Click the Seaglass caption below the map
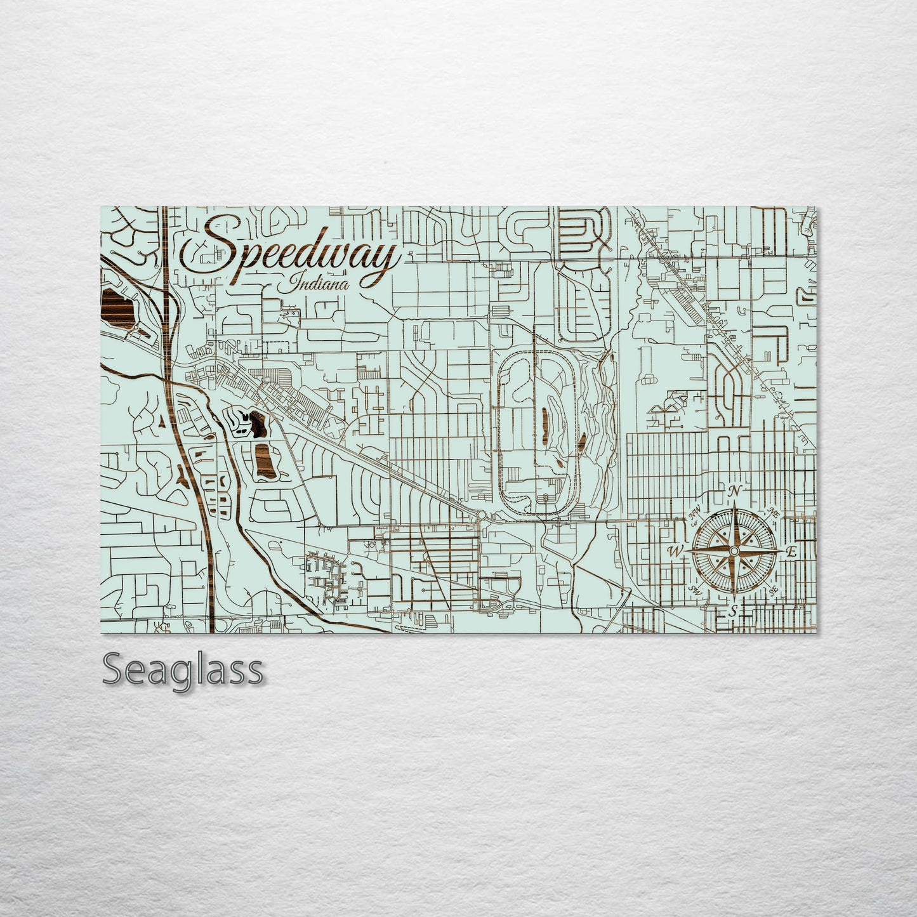[182, 669]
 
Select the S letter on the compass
[732, 612]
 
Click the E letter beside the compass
[791, 552]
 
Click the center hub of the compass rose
[733, 550]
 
